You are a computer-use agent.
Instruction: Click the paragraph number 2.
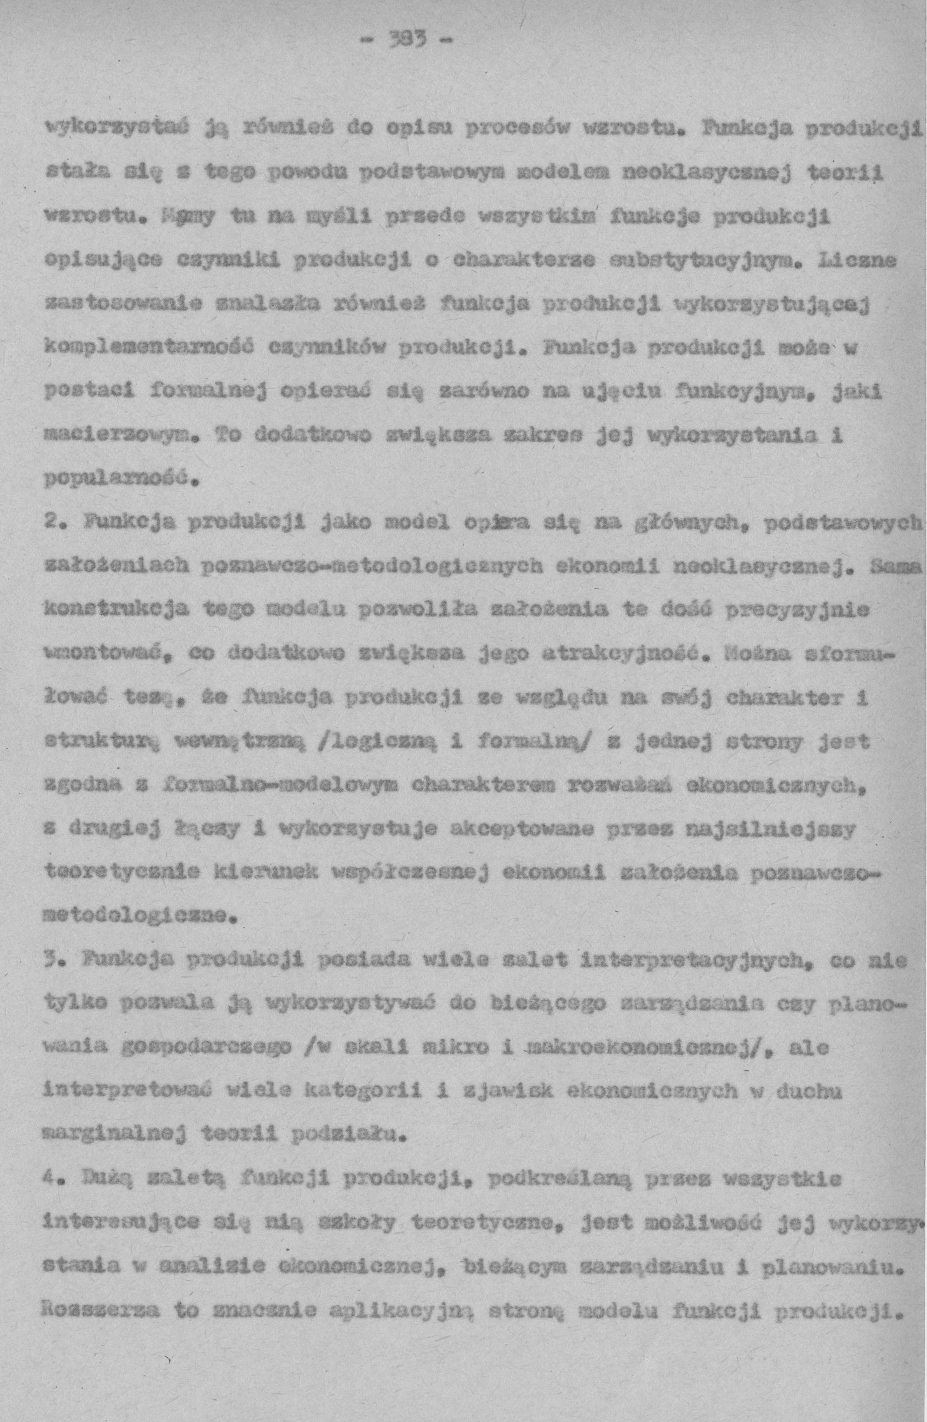click(x=52, y=521)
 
